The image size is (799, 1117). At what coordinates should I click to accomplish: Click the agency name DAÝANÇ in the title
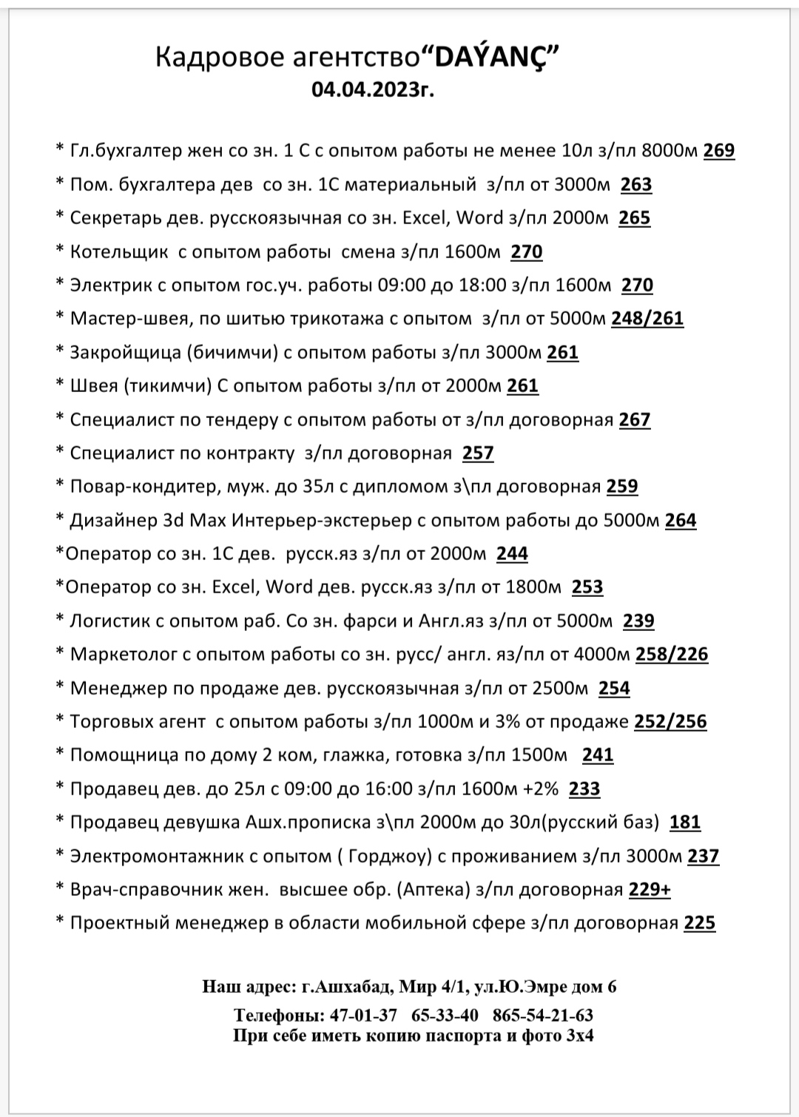[495, 58]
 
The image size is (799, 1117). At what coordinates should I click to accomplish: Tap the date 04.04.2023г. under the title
[372, 90]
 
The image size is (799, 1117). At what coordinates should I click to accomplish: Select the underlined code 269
[718, 151]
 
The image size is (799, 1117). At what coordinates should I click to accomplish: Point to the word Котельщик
[119, 252]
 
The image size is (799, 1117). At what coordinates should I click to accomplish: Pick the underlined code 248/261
[647, 319]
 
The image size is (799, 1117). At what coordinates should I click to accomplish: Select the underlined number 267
[634, 420]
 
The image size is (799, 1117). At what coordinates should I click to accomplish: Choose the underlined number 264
[681, 521]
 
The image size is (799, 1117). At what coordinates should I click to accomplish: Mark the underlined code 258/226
[672, 655]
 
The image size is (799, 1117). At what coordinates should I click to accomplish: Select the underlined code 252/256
[670, 722]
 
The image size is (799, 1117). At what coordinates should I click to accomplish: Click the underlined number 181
[684, 823]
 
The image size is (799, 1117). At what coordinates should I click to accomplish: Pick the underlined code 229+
[650, 890]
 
